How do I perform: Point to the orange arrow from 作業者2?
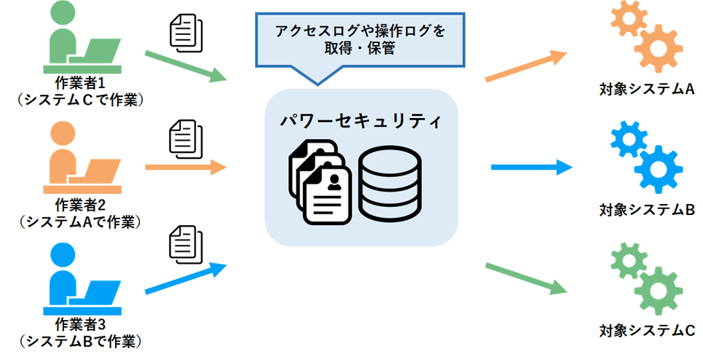pos(186,168)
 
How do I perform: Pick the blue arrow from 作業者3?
pos(186,279)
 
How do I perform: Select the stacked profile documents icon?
pos(321,182)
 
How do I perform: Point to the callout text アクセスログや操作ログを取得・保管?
pos(360,41)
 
